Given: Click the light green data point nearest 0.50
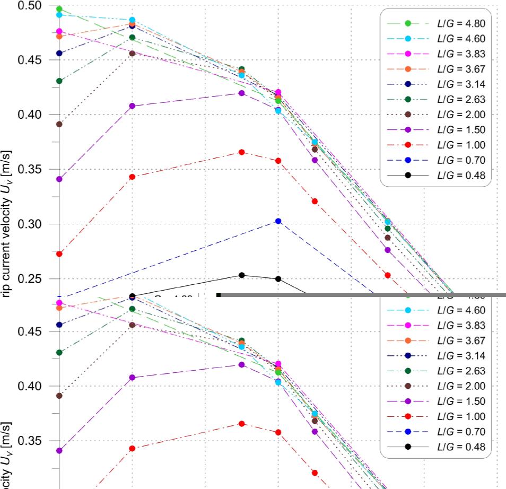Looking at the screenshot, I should pos(59,9).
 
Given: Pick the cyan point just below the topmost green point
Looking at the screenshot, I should pos(59,15).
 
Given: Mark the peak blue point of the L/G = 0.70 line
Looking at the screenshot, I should pos(278,221).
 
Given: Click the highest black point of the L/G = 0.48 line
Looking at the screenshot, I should pos(242,275).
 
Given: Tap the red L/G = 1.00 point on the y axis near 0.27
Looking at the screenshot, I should pos(59,254).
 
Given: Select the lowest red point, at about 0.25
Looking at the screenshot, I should pos(388,275).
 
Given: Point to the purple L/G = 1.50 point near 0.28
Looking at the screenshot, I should pos(388,250).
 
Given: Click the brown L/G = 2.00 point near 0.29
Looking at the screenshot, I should pos(388,238).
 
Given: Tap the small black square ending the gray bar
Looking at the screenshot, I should pos(219,295).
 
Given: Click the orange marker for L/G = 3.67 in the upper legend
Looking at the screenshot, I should pos(408,69).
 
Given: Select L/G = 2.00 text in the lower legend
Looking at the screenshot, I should pos(461,386).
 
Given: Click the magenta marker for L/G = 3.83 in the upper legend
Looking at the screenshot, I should pos(408,54).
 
